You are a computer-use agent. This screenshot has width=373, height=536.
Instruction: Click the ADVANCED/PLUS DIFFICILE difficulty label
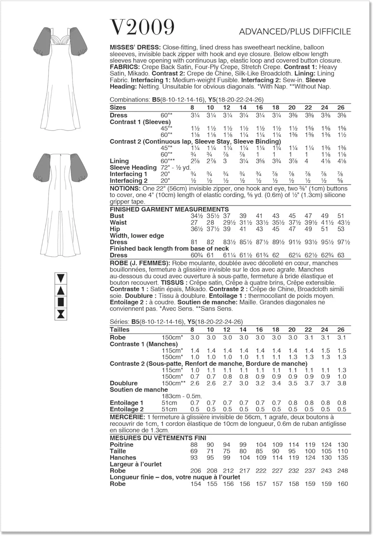coord(295,31)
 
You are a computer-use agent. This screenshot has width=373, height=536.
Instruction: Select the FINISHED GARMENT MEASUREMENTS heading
coord(169,209)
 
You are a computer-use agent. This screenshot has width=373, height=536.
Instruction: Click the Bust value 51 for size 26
coord(341,216)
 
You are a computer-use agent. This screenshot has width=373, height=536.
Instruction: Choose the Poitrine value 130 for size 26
coord(343,445)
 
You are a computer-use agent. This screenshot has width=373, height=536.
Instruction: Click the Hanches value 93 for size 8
coord(194,457)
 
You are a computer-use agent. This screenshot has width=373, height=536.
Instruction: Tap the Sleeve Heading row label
coord(133,168)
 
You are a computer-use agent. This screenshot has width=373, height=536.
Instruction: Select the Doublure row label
coord(124,383)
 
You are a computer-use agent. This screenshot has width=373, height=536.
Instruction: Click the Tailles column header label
coord(119,329)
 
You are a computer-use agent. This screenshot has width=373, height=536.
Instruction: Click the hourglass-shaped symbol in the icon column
coord(61,314)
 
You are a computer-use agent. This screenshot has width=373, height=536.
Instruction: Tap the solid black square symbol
coord(61,302)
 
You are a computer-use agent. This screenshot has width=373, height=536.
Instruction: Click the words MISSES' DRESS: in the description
coord(135,48)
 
